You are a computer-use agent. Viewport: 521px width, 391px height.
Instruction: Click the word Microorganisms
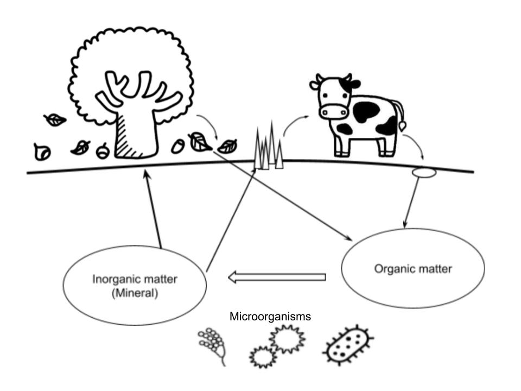tap(270, 316)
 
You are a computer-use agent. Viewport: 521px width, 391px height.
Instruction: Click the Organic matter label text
tap(414, 269)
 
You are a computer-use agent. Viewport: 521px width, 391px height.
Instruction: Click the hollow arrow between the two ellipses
tap(277, 278)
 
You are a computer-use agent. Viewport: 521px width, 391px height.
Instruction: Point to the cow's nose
tap(333, 112)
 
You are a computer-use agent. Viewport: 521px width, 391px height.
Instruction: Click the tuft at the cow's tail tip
tap(402, 125)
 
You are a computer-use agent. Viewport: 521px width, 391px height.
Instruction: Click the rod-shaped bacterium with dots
tap(347, 345)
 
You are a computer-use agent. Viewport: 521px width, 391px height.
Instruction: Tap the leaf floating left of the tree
tap(55, 119)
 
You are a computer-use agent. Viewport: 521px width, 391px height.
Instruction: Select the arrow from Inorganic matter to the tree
tap(153, 209)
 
